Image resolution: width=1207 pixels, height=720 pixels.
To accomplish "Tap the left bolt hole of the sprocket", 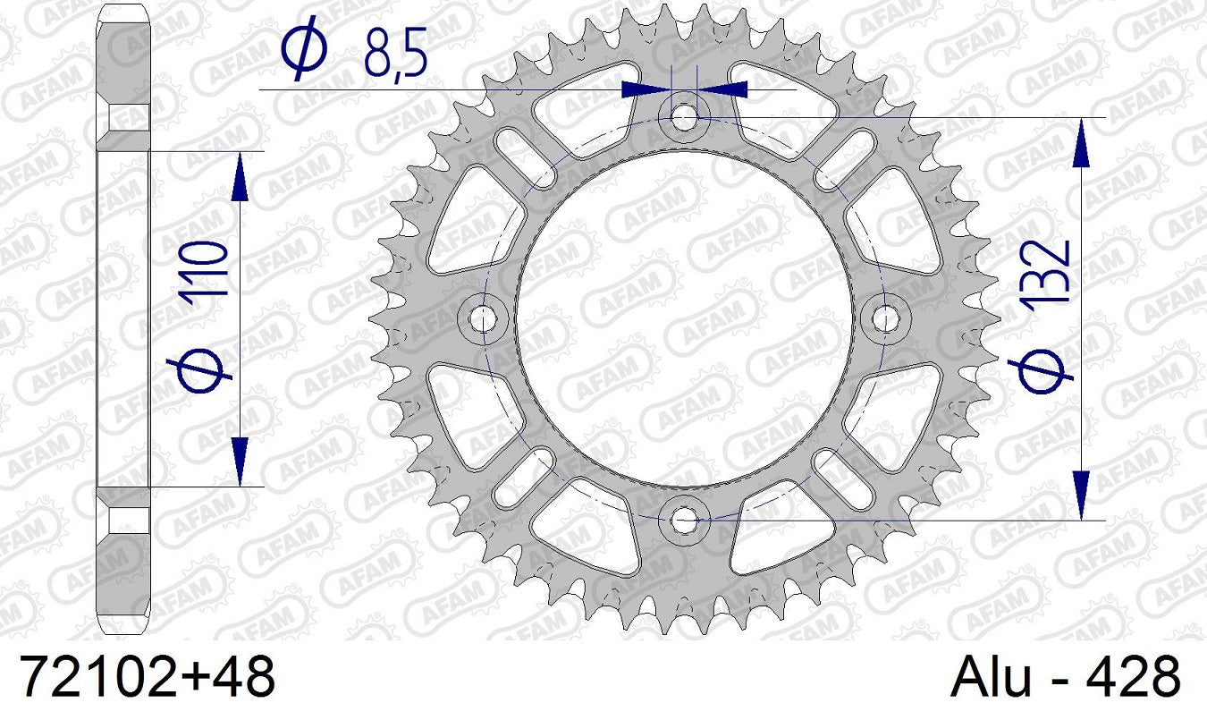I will (484, 318).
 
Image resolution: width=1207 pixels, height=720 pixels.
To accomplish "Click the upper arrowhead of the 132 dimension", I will (1081, 142).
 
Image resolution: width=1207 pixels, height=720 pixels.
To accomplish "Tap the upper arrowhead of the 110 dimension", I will (240, 176).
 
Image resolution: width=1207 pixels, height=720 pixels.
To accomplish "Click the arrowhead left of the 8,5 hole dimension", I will (645, 89).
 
